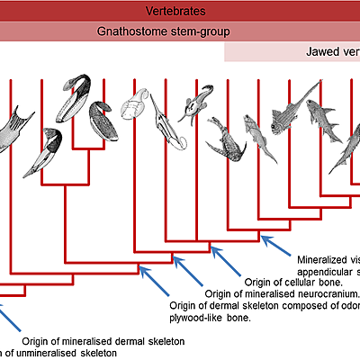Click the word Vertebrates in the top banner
click(179, 11)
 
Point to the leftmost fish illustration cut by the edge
click(13, 130)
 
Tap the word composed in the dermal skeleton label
click(305, 305)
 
